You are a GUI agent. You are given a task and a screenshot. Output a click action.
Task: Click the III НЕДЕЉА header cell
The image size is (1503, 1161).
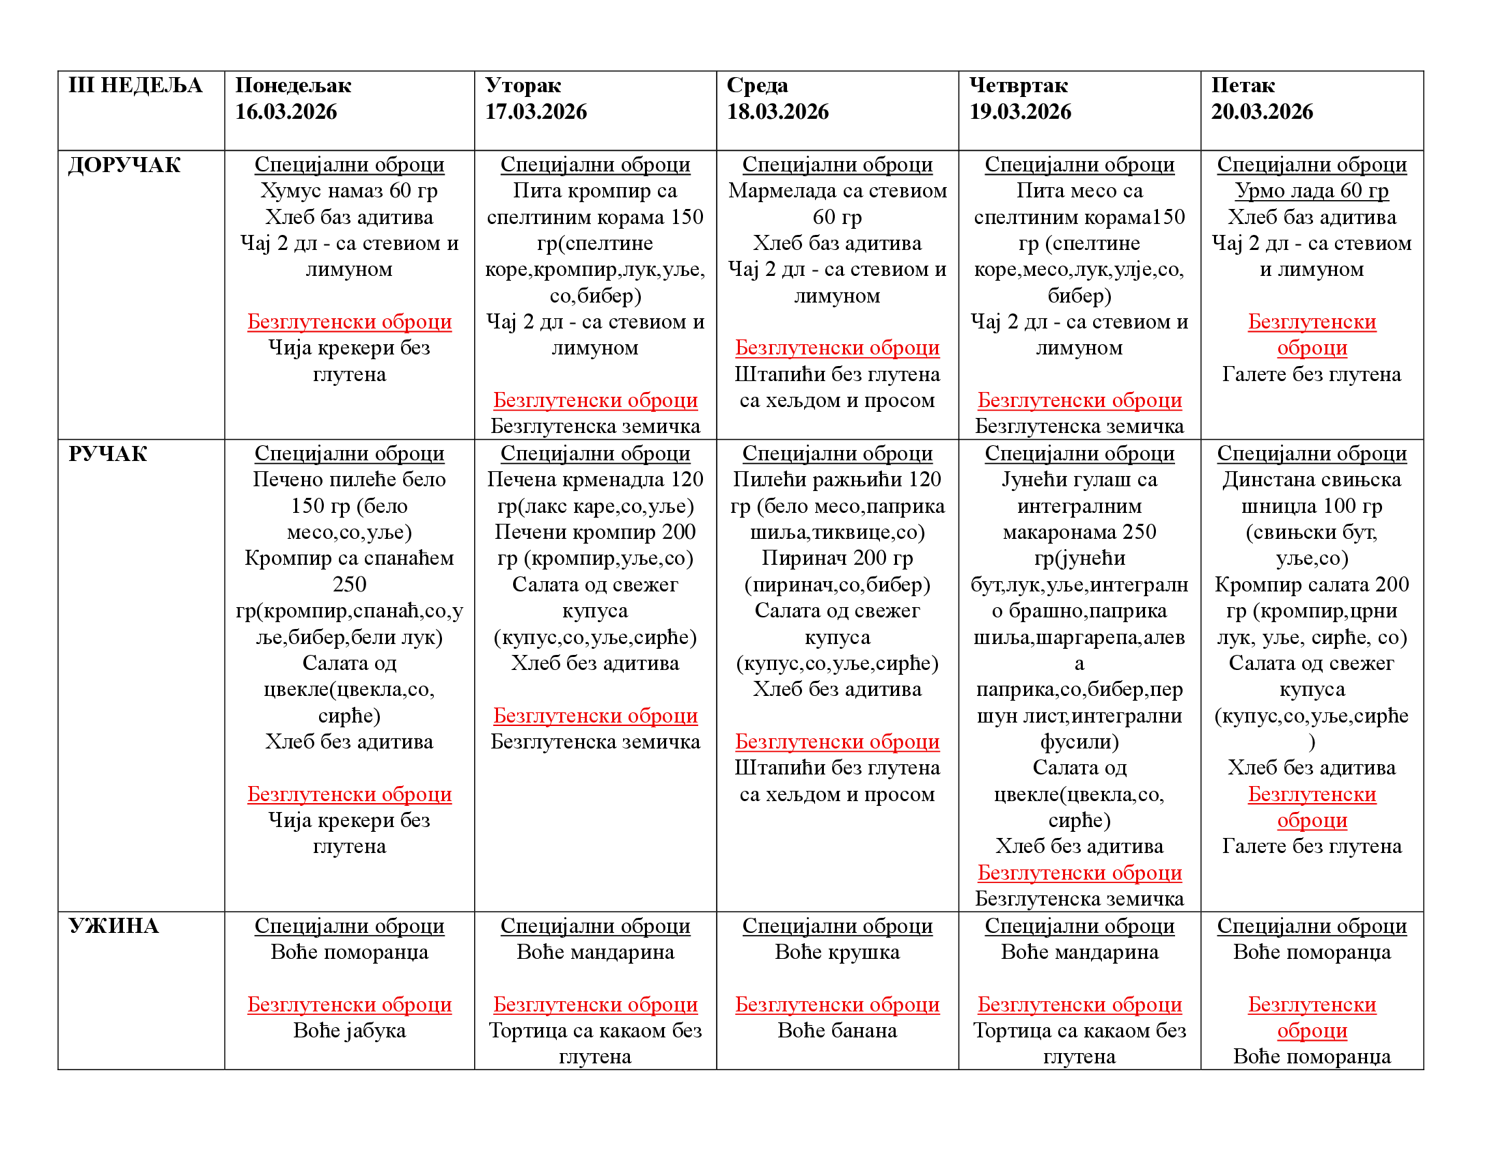(x=135, y=85)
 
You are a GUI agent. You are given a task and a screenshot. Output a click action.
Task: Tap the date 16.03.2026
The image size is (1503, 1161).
(x=286, y=111)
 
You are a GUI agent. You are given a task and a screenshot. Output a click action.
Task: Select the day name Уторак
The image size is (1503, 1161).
(x=523, y=85)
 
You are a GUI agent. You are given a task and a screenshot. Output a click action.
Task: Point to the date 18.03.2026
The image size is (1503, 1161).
(x=777, y=111)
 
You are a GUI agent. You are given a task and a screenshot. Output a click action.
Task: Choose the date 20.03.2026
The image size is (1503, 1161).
(x=1261, y=111)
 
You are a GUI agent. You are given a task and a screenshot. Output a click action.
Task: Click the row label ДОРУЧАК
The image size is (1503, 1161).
(x=124, y=165)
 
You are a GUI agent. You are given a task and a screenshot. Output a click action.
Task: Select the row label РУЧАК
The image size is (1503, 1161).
(x=108, y=454)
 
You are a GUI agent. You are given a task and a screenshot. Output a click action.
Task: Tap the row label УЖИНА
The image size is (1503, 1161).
(x=113, y=926)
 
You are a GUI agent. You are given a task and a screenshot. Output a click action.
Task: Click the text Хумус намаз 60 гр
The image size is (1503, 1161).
(x=349, y=191)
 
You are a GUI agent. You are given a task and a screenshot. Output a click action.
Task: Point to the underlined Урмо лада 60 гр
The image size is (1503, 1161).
(x=1311, y=191)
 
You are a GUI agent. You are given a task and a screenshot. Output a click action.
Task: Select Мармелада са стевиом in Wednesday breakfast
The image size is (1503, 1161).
(x=837, y=191)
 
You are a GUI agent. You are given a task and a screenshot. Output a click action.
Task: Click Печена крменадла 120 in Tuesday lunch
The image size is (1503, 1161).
(x=594, y=479)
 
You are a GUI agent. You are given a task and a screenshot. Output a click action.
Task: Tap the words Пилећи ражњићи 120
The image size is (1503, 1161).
(x=837, y=479)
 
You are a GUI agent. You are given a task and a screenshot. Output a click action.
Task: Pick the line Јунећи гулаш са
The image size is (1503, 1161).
(x=1079, y=479)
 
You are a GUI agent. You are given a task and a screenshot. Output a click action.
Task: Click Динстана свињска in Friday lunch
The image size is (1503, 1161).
(x=1311, y=479)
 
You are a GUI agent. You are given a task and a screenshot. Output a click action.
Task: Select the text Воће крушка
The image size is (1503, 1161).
(x=837, y=952)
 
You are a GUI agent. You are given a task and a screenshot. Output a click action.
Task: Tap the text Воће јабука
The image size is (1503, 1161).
(x=349, y=1031)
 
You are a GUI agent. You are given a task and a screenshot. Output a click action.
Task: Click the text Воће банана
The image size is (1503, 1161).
(x=837, y=1031)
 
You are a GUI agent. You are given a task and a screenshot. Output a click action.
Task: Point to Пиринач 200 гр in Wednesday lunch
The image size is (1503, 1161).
(x=837, y=558)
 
